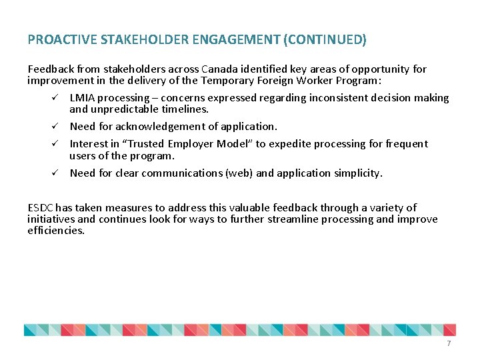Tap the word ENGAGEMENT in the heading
click(x=235, y=40)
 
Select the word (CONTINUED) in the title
click(x=325, y=40)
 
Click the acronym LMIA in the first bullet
click(x=82, y=98)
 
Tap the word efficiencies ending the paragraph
click(x=56, y=231)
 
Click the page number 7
click(x=449, y=343)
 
